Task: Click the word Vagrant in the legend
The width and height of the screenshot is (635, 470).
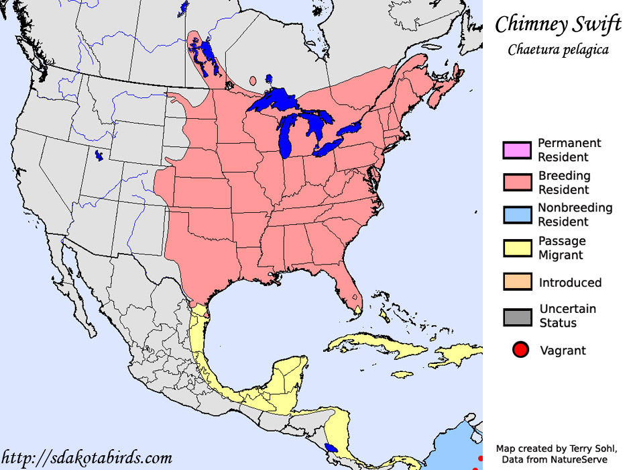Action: coord(563,350)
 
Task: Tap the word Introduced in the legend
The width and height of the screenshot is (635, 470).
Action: coord(570,283)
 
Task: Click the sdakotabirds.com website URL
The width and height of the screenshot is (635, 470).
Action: coord(86,458)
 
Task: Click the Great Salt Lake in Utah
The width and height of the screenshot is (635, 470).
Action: coord(99,156)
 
